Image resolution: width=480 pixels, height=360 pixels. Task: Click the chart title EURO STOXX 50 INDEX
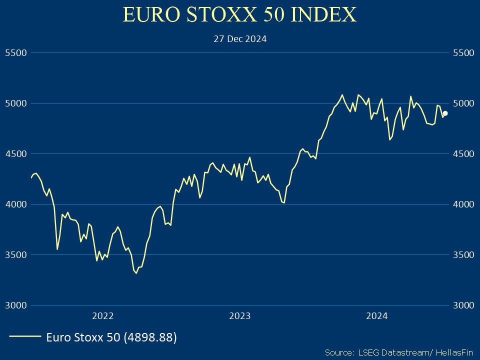240,14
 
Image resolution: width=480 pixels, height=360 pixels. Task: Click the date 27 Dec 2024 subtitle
240,38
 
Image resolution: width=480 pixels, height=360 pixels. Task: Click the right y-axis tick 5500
462,52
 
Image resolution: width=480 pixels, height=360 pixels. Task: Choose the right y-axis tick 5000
462,103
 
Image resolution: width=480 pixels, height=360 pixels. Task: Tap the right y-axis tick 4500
462,153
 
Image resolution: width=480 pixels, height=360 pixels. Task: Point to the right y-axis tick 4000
462,204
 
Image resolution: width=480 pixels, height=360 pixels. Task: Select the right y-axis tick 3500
462,254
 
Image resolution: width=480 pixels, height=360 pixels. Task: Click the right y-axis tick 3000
462,305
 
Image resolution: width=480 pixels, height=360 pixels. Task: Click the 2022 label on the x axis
103,315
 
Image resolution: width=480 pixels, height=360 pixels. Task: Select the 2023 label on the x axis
239,315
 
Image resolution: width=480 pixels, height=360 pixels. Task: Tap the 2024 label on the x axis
376,315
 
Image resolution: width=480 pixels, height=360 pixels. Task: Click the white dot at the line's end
445,113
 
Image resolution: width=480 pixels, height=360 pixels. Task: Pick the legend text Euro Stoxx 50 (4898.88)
111,337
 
